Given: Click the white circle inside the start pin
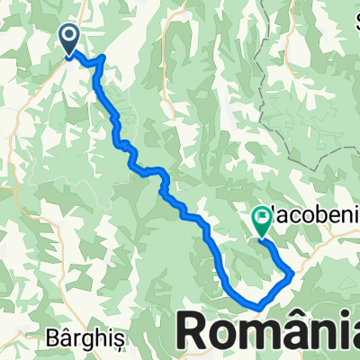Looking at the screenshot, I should click(70, 35).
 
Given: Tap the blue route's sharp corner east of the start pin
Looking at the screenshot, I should click(103, 58).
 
